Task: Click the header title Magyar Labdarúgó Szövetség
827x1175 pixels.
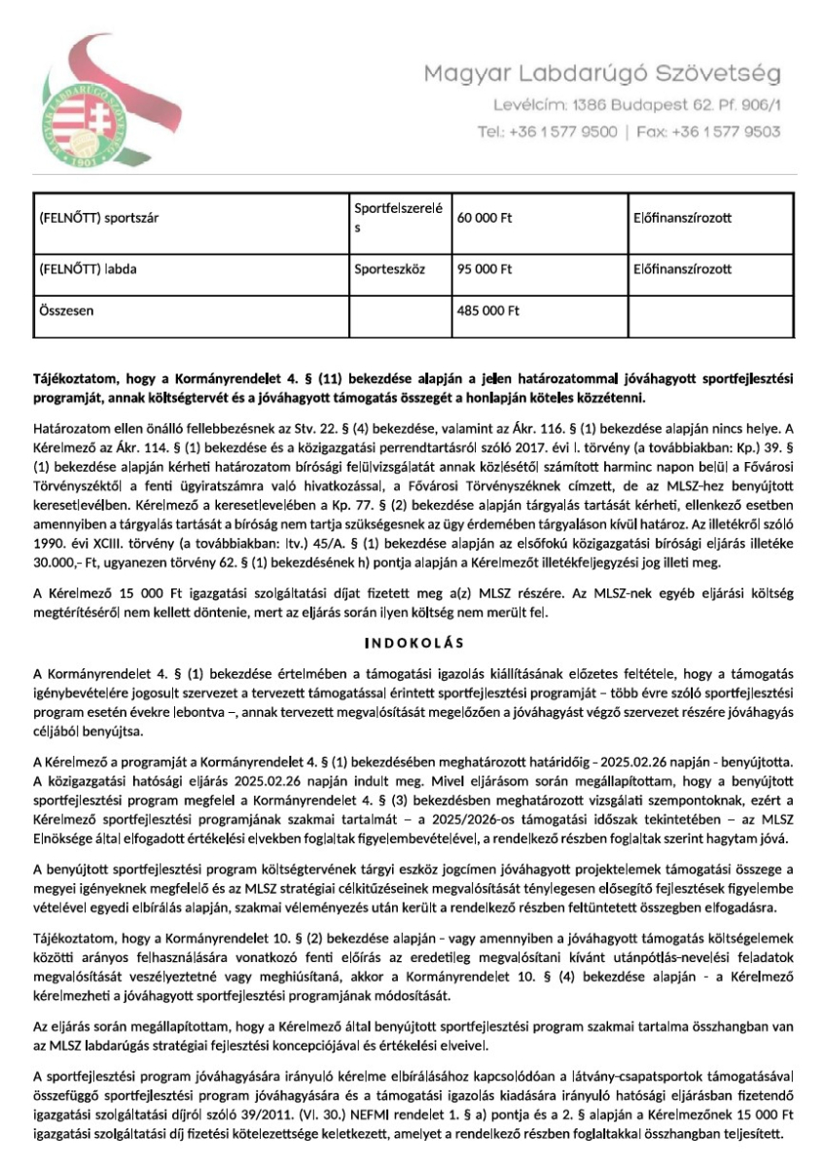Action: [601, 74]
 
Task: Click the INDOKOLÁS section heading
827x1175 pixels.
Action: [413, 643]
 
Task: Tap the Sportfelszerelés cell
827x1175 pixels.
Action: [398, 218]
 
